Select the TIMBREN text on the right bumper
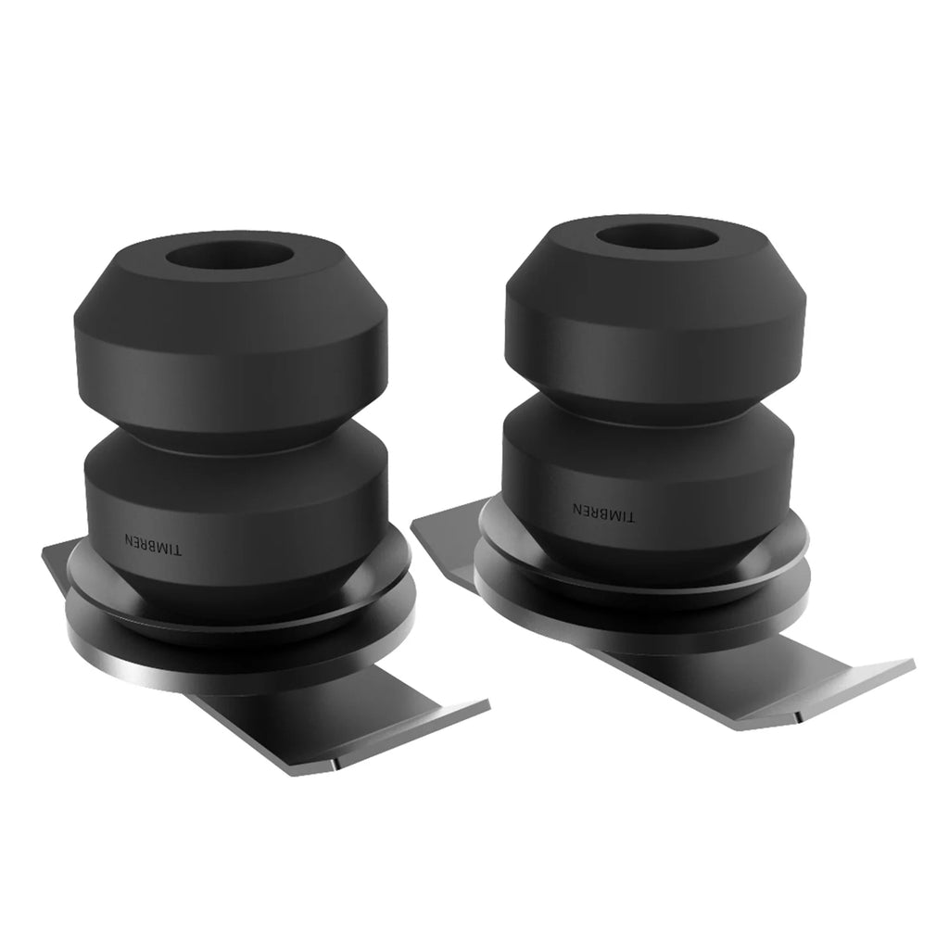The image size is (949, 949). click(603, 512)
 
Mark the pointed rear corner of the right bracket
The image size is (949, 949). click(414, 525)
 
